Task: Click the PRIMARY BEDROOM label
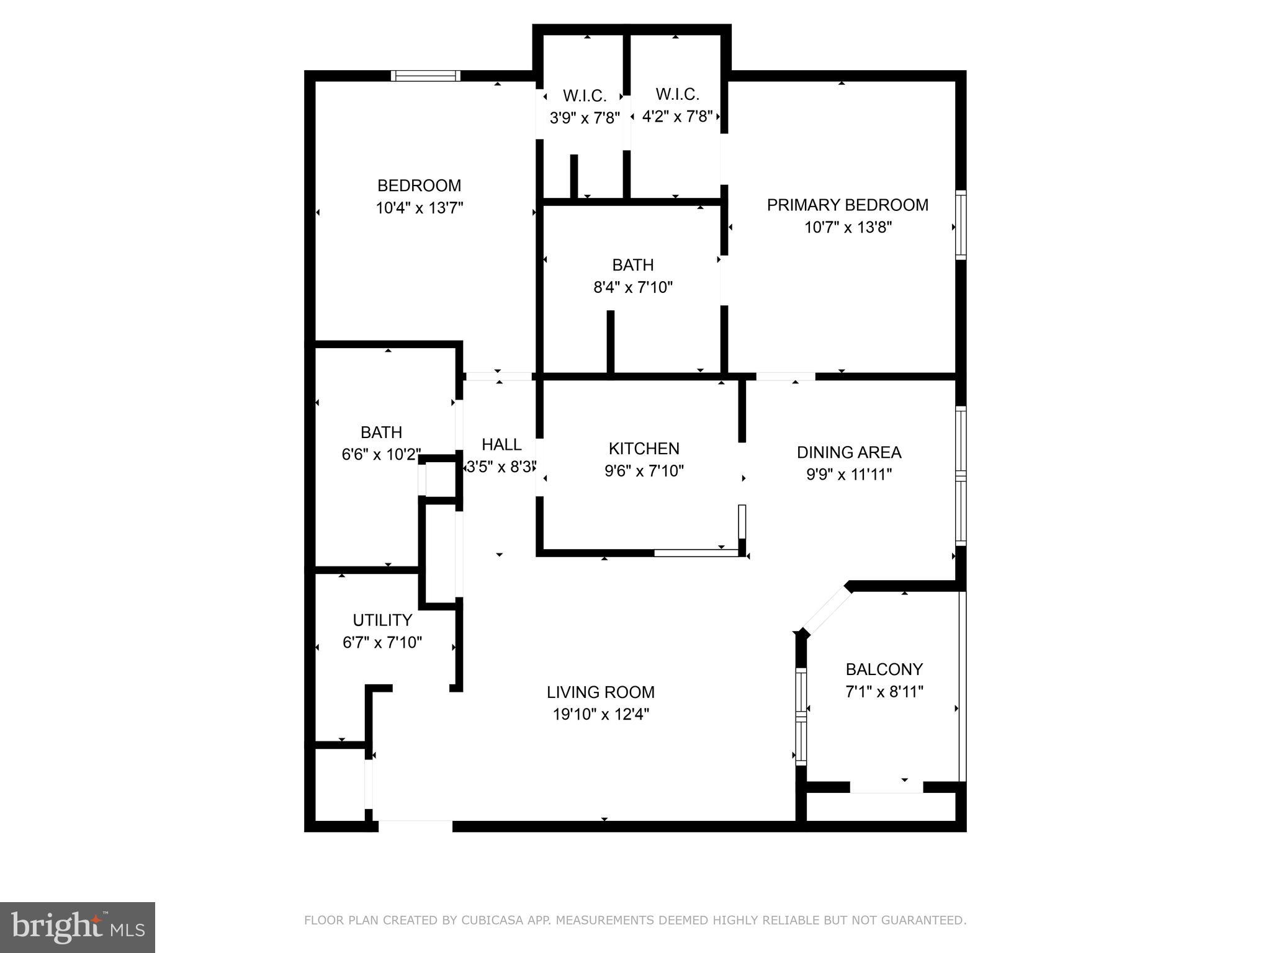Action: click(x=847, y=205)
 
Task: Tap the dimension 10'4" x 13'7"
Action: click(x=420, y=208)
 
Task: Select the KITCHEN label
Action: click(x=644, y=449)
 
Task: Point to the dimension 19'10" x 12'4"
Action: click(x=601, y=714)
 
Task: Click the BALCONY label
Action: click(x=884, y=669)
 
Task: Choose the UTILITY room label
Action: click(x=382, y=620)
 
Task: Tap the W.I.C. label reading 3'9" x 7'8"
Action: click(x=585, y=96)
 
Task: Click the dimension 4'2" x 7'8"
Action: click(x=677, y=117)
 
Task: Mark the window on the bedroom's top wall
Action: click(x=426, y=76)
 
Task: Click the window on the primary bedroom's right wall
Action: click(x=961, y=225)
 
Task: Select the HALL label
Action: click(x=501, y=444)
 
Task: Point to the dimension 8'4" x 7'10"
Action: click(x=633, y=287)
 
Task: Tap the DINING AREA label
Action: click(x=848, y=452)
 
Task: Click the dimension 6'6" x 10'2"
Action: click(x=381, y=454)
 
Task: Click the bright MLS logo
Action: click(x=78, y=927)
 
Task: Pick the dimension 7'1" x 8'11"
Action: click(x=884, y=691)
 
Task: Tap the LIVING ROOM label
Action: click(x=600, y=692)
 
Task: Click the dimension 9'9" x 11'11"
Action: click(x=848, y=475)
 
